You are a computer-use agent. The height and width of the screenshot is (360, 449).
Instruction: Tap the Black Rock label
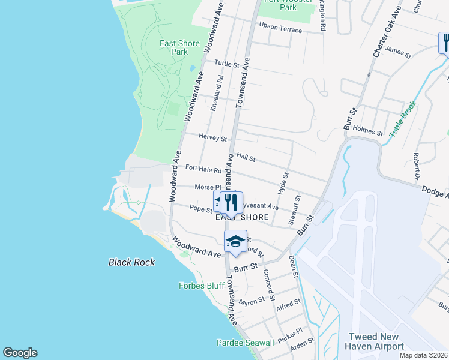[x=131, y=262]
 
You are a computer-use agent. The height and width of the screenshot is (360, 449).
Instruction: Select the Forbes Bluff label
[x=202, y=286]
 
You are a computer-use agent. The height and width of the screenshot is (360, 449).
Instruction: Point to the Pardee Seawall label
[x=245, y=343]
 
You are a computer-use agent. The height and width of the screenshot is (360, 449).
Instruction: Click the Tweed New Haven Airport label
[x=373, y=342]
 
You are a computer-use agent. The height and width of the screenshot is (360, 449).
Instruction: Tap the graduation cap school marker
[x=235, y=242]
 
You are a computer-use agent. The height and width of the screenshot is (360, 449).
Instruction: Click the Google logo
[x=20, y=353]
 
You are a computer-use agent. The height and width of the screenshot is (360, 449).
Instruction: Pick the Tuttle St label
[x=227, y=64]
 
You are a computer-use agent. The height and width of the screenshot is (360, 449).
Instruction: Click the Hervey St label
[x=213, y=137]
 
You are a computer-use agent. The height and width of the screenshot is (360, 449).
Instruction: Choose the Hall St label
[x=246, y=158]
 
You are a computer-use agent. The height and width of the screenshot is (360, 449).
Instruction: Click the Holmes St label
[x=368, y=130]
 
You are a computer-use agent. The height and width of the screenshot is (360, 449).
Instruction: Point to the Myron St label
[x=252, y=300]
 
